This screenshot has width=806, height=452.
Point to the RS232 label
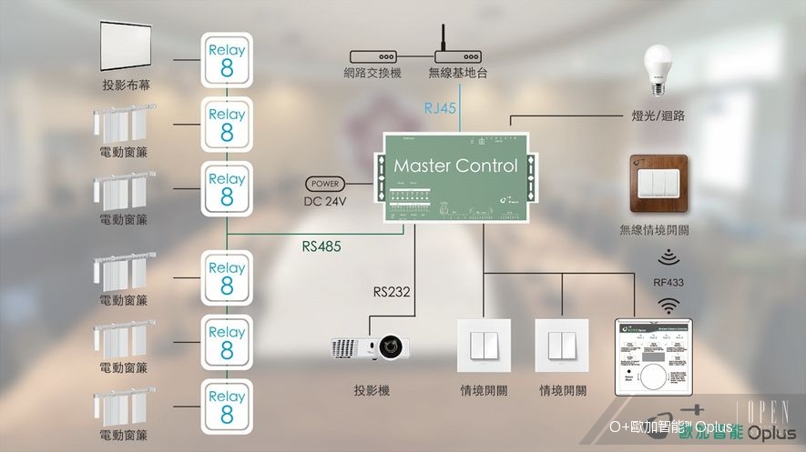(x=393, y=293)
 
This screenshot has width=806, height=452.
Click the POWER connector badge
(x=325, y=183)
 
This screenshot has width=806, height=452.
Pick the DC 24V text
(x=325, y=201)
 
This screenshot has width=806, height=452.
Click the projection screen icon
(x=126, y=49)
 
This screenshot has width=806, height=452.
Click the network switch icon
(x=371, y=55)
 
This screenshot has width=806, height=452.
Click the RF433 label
(x=668, y=282)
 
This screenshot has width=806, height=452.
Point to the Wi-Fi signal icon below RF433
(x=668, y=304)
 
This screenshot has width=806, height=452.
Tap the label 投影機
(x=372, y=391)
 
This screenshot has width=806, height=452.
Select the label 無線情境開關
(x=654, y=231)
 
